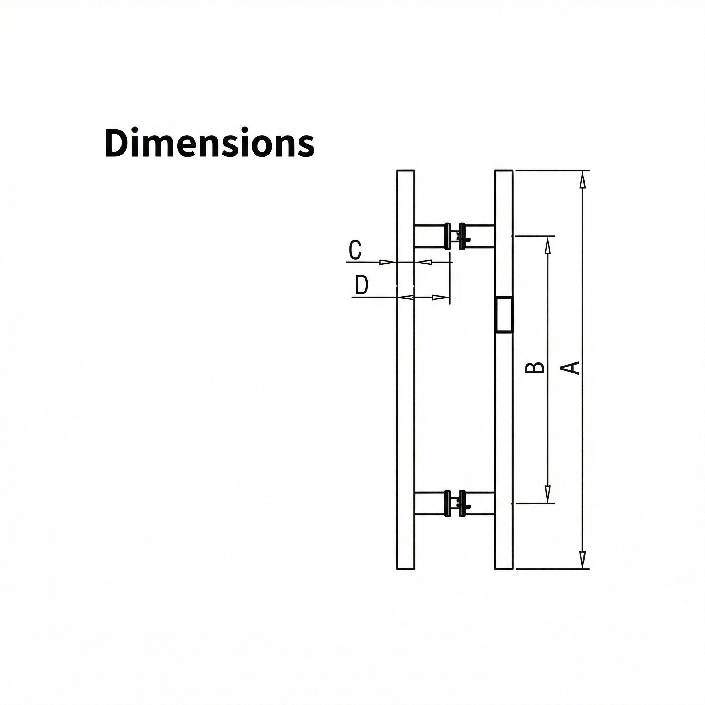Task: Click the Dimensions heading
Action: (209, 143)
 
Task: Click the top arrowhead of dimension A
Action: (582, 180)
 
